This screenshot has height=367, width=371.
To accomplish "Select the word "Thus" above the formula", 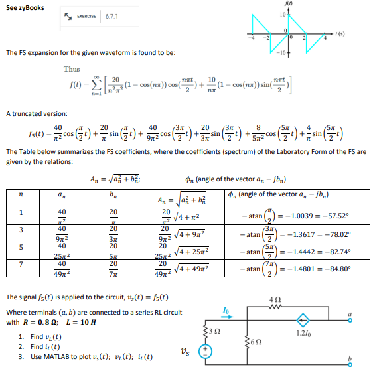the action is (72, 69).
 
